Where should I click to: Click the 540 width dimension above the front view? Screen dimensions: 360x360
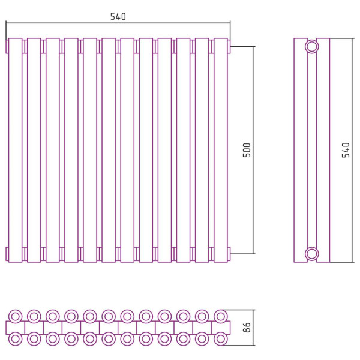point(118,17)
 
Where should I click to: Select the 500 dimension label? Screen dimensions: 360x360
point(247,150)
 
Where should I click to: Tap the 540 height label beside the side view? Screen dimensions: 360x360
point(346,150)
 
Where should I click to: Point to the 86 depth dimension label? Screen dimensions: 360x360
point(247,328)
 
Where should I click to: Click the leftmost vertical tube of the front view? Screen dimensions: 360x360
point(16,150)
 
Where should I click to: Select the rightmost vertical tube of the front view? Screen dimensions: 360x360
point(221,150)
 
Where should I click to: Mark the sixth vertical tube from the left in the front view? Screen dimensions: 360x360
point(109,150)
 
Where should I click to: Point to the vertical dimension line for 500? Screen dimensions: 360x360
point(253,150)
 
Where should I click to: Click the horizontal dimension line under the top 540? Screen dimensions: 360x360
point(118,23)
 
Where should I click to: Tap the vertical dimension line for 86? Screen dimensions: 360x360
point(253,328)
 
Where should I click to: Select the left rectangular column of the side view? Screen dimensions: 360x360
point(301,150)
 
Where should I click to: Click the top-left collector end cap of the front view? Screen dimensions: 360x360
point(7,47)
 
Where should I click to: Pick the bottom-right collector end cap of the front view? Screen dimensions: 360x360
point(229,254)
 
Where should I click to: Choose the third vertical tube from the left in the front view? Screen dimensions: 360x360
point(53,150)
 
